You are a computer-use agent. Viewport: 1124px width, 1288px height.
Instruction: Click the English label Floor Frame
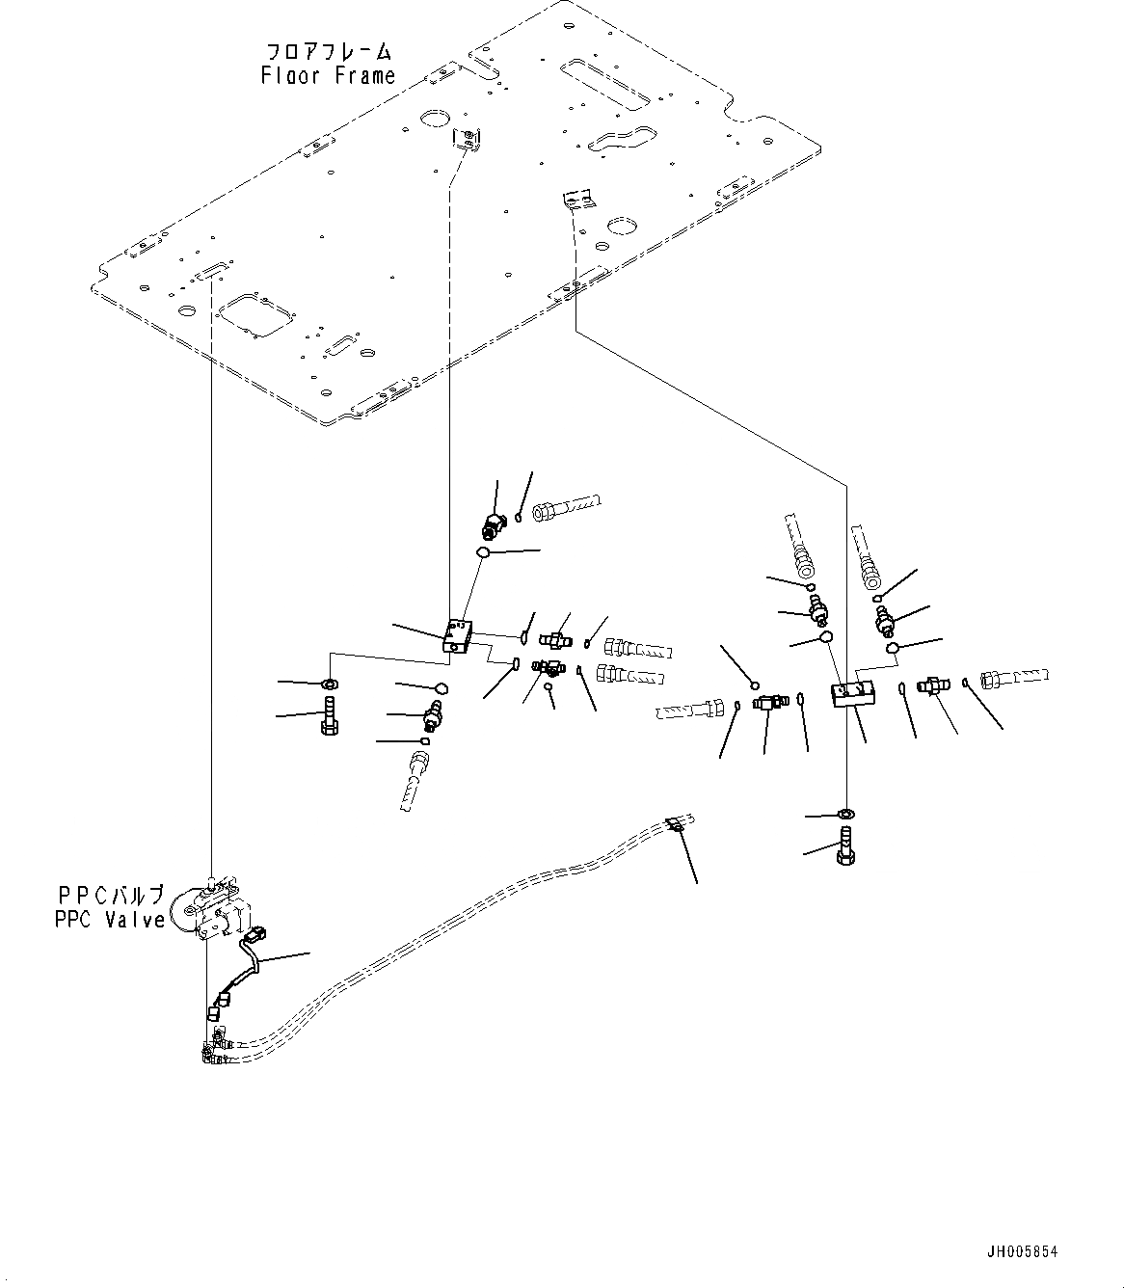coord(328,75)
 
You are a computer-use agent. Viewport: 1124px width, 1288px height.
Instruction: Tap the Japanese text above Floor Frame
coord(328,52)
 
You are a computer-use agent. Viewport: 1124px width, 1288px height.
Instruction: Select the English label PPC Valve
coord(110,920)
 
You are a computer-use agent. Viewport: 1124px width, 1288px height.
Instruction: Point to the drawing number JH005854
coord(1022,1251)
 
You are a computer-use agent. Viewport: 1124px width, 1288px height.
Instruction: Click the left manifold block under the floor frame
coord(457,636)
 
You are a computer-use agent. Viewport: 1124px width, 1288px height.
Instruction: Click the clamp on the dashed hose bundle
coord(676,825)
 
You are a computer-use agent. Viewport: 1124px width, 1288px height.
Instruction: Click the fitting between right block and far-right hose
coord(932,686)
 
